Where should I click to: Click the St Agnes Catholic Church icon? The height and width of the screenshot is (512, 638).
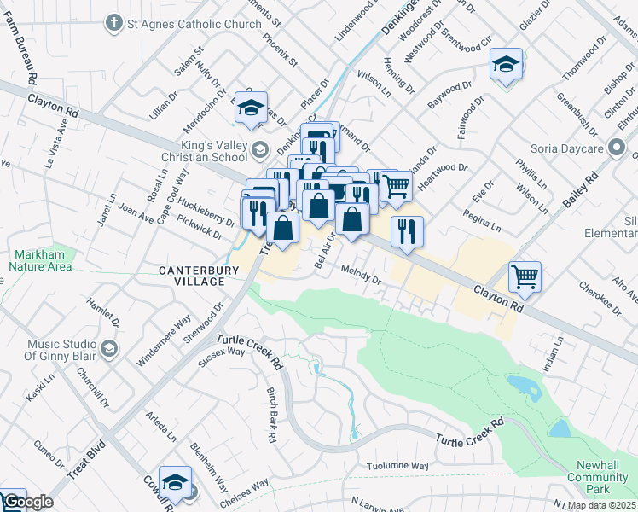tap(114, 24)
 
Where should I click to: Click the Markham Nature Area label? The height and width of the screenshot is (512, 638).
tap(40, 260)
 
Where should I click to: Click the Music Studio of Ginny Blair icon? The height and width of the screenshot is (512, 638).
tap(108, 348)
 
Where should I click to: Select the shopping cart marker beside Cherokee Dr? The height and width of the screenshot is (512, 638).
tap(524, 275)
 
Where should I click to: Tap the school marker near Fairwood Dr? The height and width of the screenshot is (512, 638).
tap(506, 64)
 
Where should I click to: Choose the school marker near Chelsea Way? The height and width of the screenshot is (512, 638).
tap(175, 480)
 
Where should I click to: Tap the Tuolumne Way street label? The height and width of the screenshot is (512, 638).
tap(397, 466)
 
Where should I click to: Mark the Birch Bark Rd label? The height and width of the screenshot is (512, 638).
tap(271, 413)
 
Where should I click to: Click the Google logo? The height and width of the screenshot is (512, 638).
tap(27, 502)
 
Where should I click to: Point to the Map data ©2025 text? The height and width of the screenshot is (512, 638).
tap(601, 505)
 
